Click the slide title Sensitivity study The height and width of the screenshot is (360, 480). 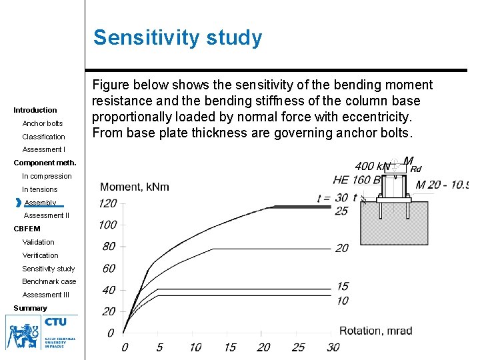pyautogui.click(x=177, y=38)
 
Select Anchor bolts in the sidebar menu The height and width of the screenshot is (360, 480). pyautogui.click(x=43, y=123)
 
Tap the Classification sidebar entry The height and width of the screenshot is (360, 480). pyautogui.click(x=44, y=137)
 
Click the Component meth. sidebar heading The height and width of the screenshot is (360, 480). pyautogui.click(x=45, y=163)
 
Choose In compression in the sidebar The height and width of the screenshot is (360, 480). pyautogui.click(x=47, y=176)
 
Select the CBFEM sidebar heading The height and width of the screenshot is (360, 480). pyautogui.click(x=27, y=229)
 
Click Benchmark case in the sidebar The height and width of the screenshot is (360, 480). pyautogui.click(x=49, y=281)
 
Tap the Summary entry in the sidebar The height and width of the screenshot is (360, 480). pyautogui.click(x=31, y=308)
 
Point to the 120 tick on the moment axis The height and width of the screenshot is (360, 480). pyautogui.click(x=107, y=204)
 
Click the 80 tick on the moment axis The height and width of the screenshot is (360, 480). pyautogui.click(x=109, y=247)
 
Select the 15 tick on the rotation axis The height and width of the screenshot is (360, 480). pyautogui.click(x=229, y=347)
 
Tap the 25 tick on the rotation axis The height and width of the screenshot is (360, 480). pyautogui.click(x=298, y=347)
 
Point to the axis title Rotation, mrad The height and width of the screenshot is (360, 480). pyautogui.click(x=375, y=331)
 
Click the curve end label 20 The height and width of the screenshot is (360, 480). pyautogui.click(x=341, y=248)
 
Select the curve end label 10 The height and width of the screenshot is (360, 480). pyautogui.click(x=341, y=301)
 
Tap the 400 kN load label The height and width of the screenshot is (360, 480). pyautogui.click(x=373, y=166)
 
